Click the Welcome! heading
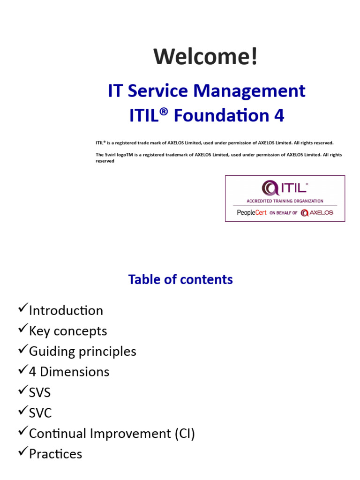point(206,57)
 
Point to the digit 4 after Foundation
point(279,116)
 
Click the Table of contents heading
point(180,279)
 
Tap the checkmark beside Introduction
point(22,309)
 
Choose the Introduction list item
point(66,310)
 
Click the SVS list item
point(40,392)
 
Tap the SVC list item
point(40,413)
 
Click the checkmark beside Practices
point(22,452)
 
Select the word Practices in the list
point(55,454)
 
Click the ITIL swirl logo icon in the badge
point(269,188)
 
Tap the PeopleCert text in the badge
point(252,212)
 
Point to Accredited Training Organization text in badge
point(285,201)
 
